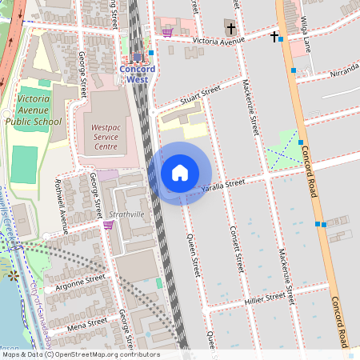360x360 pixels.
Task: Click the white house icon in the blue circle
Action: pyautogui.click(x=179, y=173)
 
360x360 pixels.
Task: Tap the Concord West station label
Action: pyautogui.click(x=137, y=74)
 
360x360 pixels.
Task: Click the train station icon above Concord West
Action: pyautogui.click(x=138, y=57)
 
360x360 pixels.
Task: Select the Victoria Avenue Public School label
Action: pyautogui.click(x=33, y=110)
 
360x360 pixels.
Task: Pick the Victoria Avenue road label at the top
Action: pyautogui.click(x=220, y=38)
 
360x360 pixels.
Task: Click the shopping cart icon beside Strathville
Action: pyautogui.click(x=108, y=225)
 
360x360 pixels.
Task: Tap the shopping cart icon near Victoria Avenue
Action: pyautogui.click(x=167, y=33)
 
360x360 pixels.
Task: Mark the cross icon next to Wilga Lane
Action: pyautogui.click(x=274, y=36)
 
